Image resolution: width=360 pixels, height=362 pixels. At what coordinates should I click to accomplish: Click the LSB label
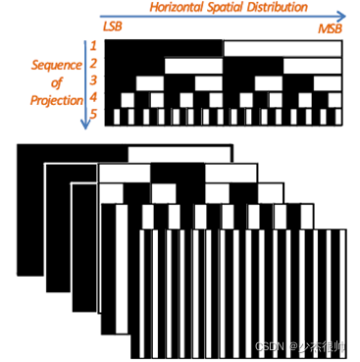coord(112,26)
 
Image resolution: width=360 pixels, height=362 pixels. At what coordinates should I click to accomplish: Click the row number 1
coord(93,45)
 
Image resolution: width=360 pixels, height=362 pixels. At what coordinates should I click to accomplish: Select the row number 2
coord(93,63)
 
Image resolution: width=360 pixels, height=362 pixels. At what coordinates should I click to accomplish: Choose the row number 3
coord(93,80)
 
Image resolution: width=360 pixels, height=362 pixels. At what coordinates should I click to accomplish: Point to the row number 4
coord(93,98)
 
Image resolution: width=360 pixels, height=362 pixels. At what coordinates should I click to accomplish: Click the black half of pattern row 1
coord(164,47)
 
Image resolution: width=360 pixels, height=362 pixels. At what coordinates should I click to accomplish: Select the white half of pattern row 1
coord(283,47)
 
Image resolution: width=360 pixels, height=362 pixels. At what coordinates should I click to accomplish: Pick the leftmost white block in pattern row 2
coord(193,65)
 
